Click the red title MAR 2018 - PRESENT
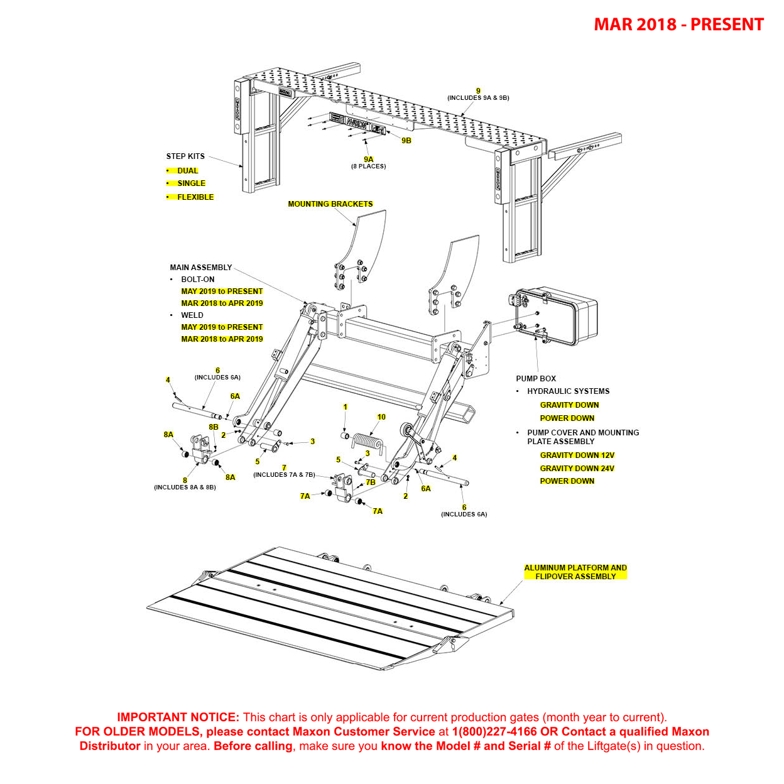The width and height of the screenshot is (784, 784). pyautogui.click(x=678, y=24)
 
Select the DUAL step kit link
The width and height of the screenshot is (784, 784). pyautogui.click(x=187, y=171)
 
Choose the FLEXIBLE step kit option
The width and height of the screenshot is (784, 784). pyautogui.click(x=195, y=197)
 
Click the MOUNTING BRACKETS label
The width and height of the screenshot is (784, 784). pyautogui.click(x=330, y=204)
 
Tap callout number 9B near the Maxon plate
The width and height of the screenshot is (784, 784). pyautogui.click(x=406, y=141)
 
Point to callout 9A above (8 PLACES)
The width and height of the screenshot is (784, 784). pyautogui.click(x=368, y=160)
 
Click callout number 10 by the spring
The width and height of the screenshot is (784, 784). pyautogui.click(x=381, y=417)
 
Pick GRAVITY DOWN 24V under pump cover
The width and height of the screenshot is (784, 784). pyautogui.click(x=577, y=469)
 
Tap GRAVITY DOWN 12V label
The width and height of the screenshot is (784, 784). pyautogui.click(x=577, y=455)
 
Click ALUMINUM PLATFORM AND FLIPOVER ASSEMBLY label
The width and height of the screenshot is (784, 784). pyautogui.click(x=575, y=572)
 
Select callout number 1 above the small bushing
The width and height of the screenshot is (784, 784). pyautogui.click(x=345, y=407)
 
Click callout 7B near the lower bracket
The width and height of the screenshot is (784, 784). pyautogui.click(x=371, y=482)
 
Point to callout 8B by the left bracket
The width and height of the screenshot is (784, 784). pyautogui.click(x=214, y=427)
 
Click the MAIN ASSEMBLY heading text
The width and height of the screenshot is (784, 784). pyautogui.click(x=200, y=268)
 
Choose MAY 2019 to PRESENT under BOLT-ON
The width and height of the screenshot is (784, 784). pyautogui.click(x=222, y=291)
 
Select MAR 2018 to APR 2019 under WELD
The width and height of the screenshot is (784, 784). pyautogui.click(x=222, y=339)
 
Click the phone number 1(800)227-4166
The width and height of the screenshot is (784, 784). pyautogui.click(x=494, y=732)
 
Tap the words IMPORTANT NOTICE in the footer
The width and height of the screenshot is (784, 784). pyautogui.click(x=178, y=717)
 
